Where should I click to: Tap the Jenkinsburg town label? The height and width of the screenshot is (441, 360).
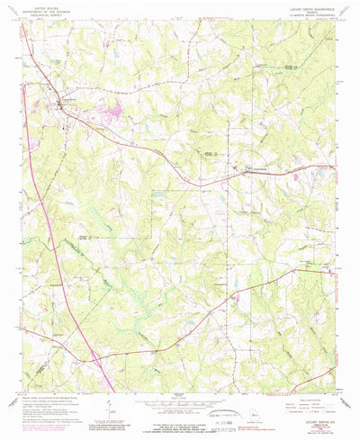pos(257,168)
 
